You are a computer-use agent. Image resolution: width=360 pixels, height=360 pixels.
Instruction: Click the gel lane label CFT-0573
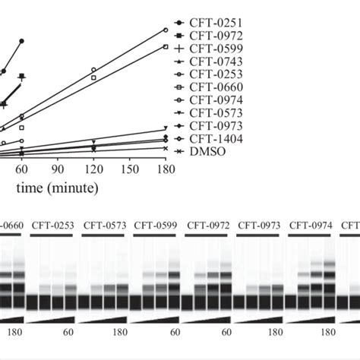(x=101, y=225)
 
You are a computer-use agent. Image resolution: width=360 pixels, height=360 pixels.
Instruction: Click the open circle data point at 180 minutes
(x=166, y=30)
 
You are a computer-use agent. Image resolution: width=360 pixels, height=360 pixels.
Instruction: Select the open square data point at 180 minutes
(x=166, y=47)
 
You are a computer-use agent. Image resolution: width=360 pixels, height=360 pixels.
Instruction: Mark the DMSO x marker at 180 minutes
(x=166, y=148)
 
